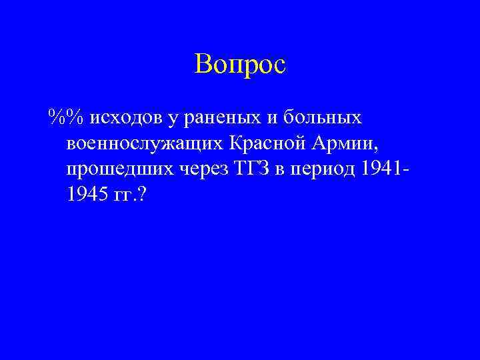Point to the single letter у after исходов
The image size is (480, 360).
[x=173, y=119]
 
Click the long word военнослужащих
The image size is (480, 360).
[x=145, y=144]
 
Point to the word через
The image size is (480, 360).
[x=202, y=170]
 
